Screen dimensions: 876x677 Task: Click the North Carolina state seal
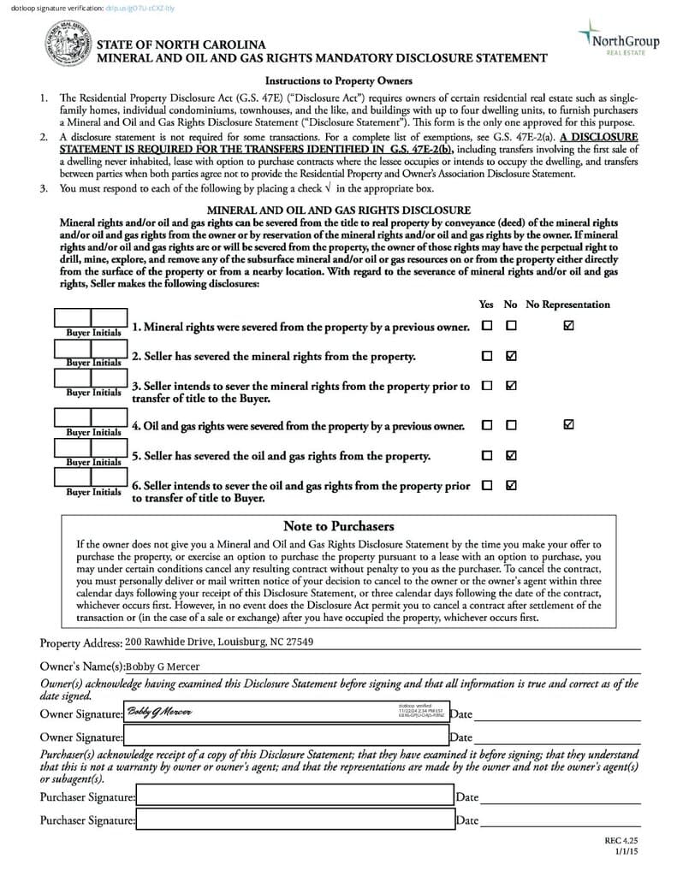point(66,44)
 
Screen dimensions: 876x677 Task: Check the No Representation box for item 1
point(569,326)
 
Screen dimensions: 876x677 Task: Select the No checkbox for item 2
point(511,356)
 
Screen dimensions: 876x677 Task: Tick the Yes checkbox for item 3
point(487,386)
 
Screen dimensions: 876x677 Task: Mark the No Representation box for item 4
point(569,424)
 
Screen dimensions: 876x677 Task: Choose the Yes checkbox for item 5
point(487,455)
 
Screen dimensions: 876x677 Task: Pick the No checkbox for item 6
point(511,485)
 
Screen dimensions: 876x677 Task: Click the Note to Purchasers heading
point(338,526)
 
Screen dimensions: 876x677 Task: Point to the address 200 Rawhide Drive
point(218,642)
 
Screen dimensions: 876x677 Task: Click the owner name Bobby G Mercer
point(163,666)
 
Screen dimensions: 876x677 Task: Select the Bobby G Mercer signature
point(159,712)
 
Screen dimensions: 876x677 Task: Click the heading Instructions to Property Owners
point(338,81)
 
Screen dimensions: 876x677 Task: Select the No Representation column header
point(567,305)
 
